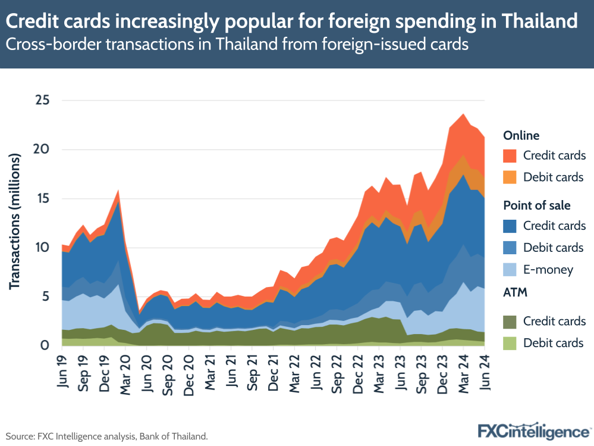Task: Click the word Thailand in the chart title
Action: click(x=539, y=21)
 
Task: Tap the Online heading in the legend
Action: click(x=521, y=135)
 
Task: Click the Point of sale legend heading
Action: click(x=536, y=205)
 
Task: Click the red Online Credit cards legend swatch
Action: click(x=510, y=156)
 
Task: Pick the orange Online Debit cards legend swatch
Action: click(x=510, y=177)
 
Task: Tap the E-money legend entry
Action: click(x=548, y=270)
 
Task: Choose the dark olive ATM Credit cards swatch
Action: click(x=510, y=321)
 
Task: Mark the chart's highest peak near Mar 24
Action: click(x=463, y=114)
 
